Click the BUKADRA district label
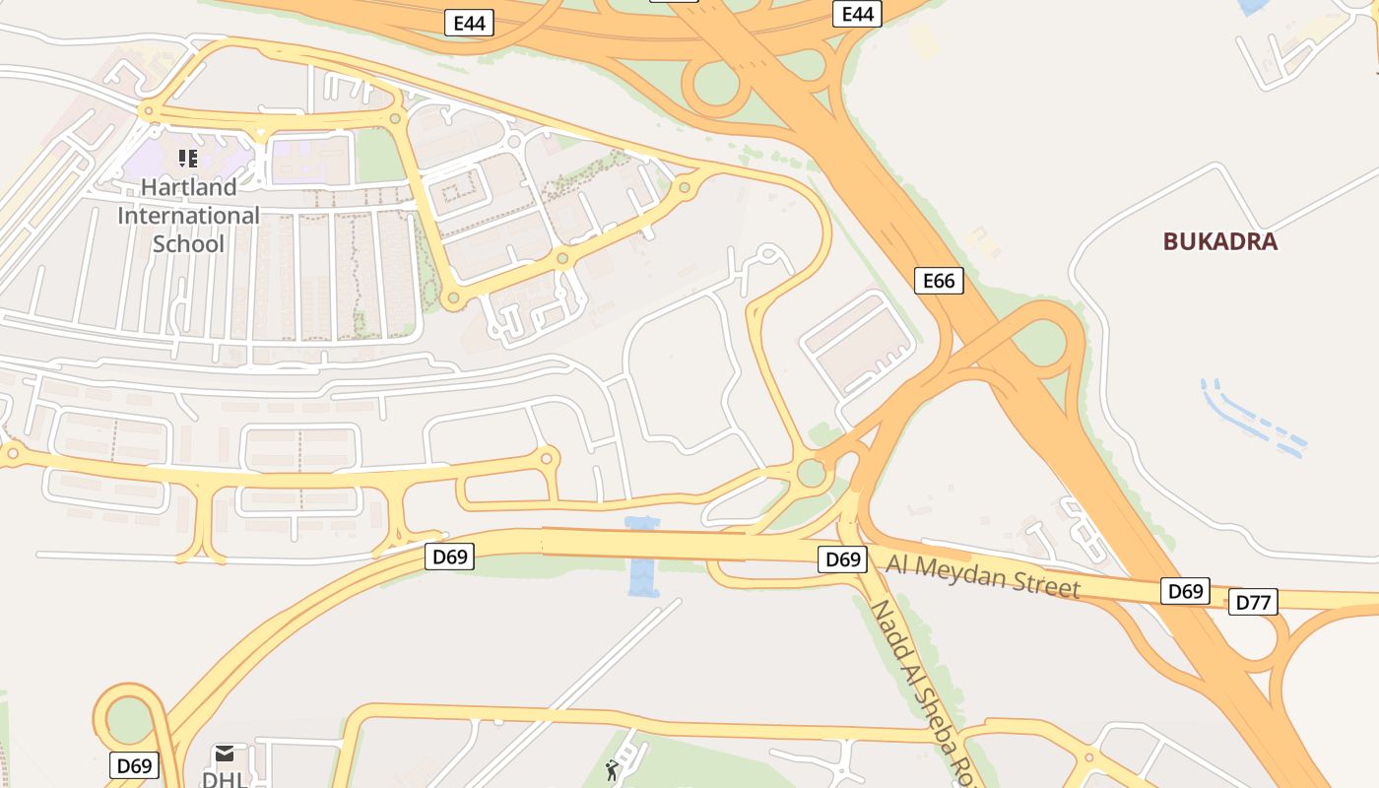(x=1219, y=241)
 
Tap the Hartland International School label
(x=188, y=215)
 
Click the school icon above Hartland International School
(x=188, y=158)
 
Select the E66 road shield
(x=939, y=281)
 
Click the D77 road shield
(x=1253, y=602)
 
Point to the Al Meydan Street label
(x=982, y=575)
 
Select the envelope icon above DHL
(x=225, y=754)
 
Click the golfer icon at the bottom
(x=612, y=770)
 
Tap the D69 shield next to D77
(x=1185, y=591)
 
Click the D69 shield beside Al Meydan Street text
(x=843, y=559)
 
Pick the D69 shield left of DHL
(x=134, y=765)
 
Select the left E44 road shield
(x=469, y=23)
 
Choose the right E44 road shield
(x=858, y=14)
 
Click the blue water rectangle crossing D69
(x=642, y=557)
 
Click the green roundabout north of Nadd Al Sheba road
(x=811, y=473)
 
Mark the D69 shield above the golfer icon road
(x=450, y=557)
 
